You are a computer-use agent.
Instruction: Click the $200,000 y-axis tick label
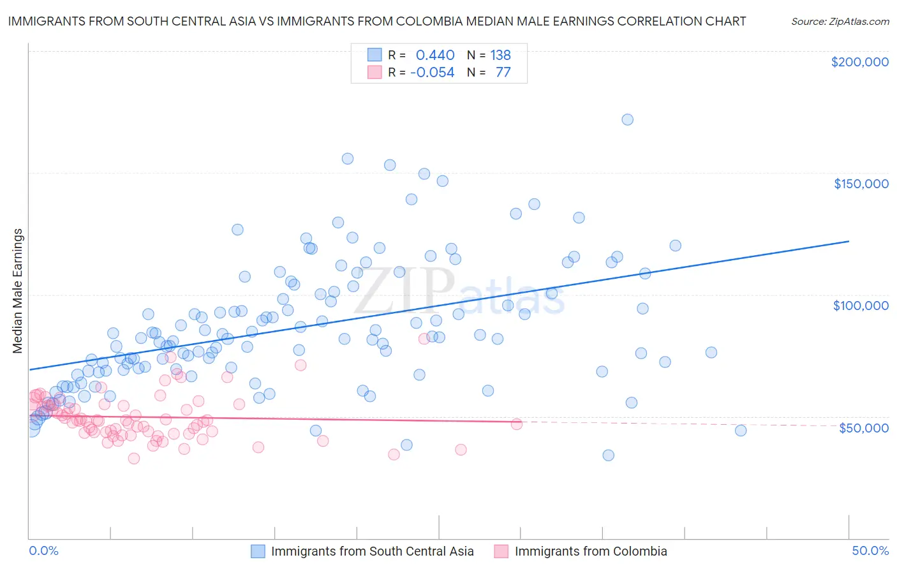pos(859,62)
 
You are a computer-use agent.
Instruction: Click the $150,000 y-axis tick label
pos(861,184)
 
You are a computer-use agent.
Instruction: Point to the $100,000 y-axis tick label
pos(861,306)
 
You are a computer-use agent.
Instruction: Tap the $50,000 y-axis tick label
pos(863,427)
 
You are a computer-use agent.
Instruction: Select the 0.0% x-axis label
pos(43,551)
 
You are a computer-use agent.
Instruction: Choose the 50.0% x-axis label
pos(870,551)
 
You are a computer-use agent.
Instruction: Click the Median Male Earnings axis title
pos(17,290)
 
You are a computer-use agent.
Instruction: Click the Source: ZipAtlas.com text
pos(840,21)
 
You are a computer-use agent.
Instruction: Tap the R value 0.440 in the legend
pos(435,55)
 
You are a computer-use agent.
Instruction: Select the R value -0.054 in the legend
pos(432,72)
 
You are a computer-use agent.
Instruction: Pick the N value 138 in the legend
pos(500,55)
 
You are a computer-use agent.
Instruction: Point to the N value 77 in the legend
pos(503,72)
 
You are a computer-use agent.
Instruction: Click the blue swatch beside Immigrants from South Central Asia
pos(258,551)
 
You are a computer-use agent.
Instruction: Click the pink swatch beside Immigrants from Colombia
pos(501,551)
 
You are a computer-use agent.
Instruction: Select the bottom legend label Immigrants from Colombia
pos(590,551)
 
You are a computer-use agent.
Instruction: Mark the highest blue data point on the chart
pos(627,119)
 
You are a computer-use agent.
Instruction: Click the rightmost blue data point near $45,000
pos(740,431)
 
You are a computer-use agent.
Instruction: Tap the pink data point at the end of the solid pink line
pos(516,424)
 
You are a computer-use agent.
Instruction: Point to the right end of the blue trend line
pos(849,241)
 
